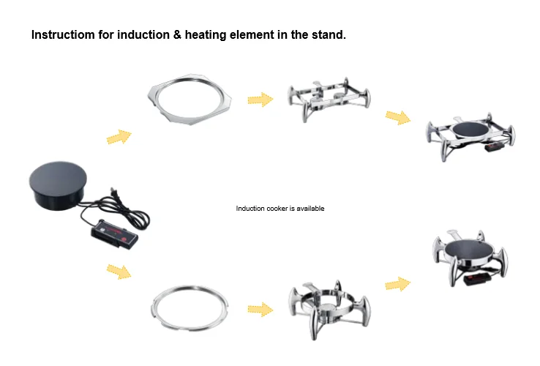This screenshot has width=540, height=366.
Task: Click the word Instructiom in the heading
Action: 63,35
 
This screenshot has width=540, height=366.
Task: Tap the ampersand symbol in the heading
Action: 177,35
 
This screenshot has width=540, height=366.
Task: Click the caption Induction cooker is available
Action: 280,209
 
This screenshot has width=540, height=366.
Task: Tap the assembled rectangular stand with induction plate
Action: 470,137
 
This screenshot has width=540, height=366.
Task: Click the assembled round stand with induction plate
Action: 470,258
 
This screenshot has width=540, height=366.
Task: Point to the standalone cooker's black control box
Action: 114,234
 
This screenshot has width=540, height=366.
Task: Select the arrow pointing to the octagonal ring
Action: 119,137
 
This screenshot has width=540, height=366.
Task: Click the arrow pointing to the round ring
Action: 119,272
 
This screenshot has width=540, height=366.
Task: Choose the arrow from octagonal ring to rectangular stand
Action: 260,100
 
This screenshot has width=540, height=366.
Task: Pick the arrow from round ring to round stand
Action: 260,310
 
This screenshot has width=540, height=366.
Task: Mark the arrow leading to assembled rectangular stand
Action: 398,118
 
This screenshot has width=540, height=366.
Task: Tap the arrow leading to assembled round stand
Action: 398,284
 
